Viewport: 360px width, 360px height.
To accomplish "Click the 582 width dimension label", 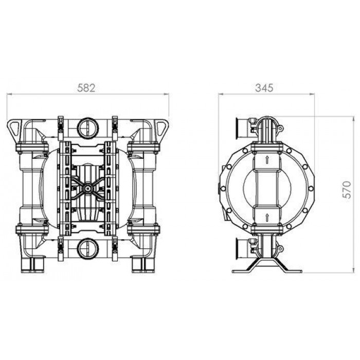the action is [86, 88].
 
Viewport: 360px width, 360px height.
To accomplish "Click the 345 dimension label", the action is [264, 88].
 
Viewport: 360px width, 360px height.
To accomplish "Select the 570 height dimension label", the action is [347, 190].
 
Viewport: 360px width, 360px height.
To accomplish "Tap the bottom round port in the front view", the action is [88, 249].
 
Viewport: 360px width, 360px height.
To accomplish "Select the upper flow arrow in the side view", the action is [267, 159].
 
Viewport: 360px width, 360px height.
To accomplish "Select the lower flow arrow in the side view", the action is [267, 218].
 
